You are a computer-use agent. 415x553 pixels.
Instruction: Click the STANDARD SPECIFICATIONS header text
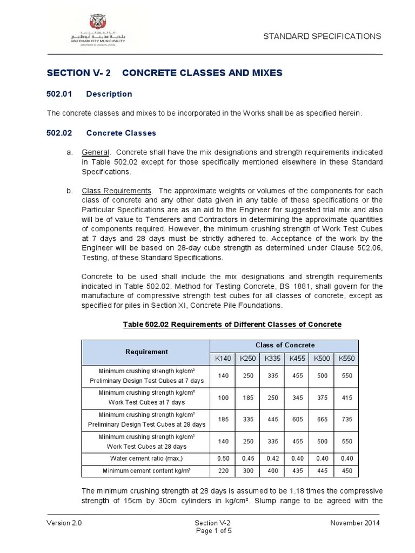pos(322,36)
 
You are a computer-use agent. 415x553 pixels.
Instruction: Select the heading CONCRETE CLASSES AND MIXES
pos(202,73)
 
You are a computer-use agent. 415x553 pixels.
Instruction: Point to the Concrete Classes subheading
pos(121,133)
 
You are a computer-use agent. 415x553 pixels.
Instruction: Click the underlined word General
pos(95,152)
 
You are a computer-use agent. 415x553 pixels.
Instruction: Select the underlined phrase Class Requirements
pos(116,191)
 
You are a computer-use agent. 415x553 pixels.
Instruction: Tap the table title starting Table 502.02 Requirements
pos(232,324)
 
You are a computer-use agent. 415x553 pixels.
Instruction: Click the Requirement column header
pos(146,352)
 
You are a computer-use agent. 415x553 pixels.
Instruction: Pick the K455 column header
pos(297,358)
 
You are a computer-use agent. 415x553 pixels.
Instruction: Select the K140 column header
pos(222,358)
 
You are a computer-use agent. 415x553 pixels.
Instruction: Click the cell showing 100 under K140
pos(222,398)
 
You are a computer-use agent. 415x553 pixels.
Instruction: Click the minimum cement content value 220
pos(222,471)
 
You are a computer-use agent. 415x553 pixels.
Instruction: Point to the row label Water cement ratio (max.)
pos(146,458)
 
